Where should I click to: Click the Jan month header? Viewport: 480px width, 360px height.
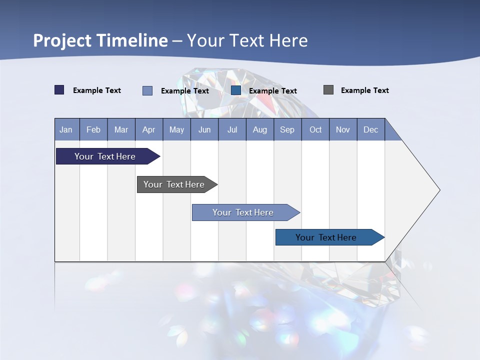[x=66, y=129]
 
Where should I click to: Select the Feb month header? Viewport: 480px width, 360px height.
[x=93, y=129]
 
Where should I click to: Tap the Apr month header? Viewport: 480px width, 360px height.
[x=149, y=129]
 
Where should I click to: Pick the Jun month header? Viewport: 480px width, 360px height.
[x=204, y=129]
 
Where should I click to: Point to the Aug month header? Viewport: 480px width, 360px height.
[x=260, y=129]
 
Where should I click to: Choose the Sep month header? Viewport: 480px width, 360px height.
[x=287, y=129]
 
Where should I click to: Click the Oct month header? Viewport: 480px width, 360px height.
[x=315, y=129]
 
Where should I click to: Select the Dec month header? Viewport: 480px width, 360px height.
[x=371, y=129]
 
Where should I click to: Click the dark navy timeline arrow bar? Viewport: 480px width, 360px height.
[x=105, y=156]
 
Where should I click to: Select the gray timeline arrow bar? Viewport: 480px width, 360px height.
[x=174, y=184]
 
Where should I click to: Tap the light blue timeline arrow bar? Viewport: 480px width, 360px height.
[x=243, y=212]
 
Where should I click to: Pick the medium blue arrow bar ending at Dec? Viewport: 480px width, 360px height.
[x=326, y=237]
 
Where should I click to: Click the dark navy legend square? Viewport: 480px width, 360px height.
[x=59, y=90]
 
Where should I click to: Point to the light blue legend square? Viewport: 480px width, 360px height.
[x=147, y=90]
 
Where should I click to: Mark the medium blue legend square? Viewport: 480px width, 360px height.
[x=236, y=90]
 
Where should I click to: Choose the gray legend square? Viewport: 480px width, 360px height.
[x=328, y=90]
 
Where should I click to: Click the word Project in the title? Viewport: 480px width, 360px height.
[x=62, y=40]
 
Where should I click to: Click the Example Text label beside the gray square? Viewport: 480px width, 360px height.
[x=364, y=90]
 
